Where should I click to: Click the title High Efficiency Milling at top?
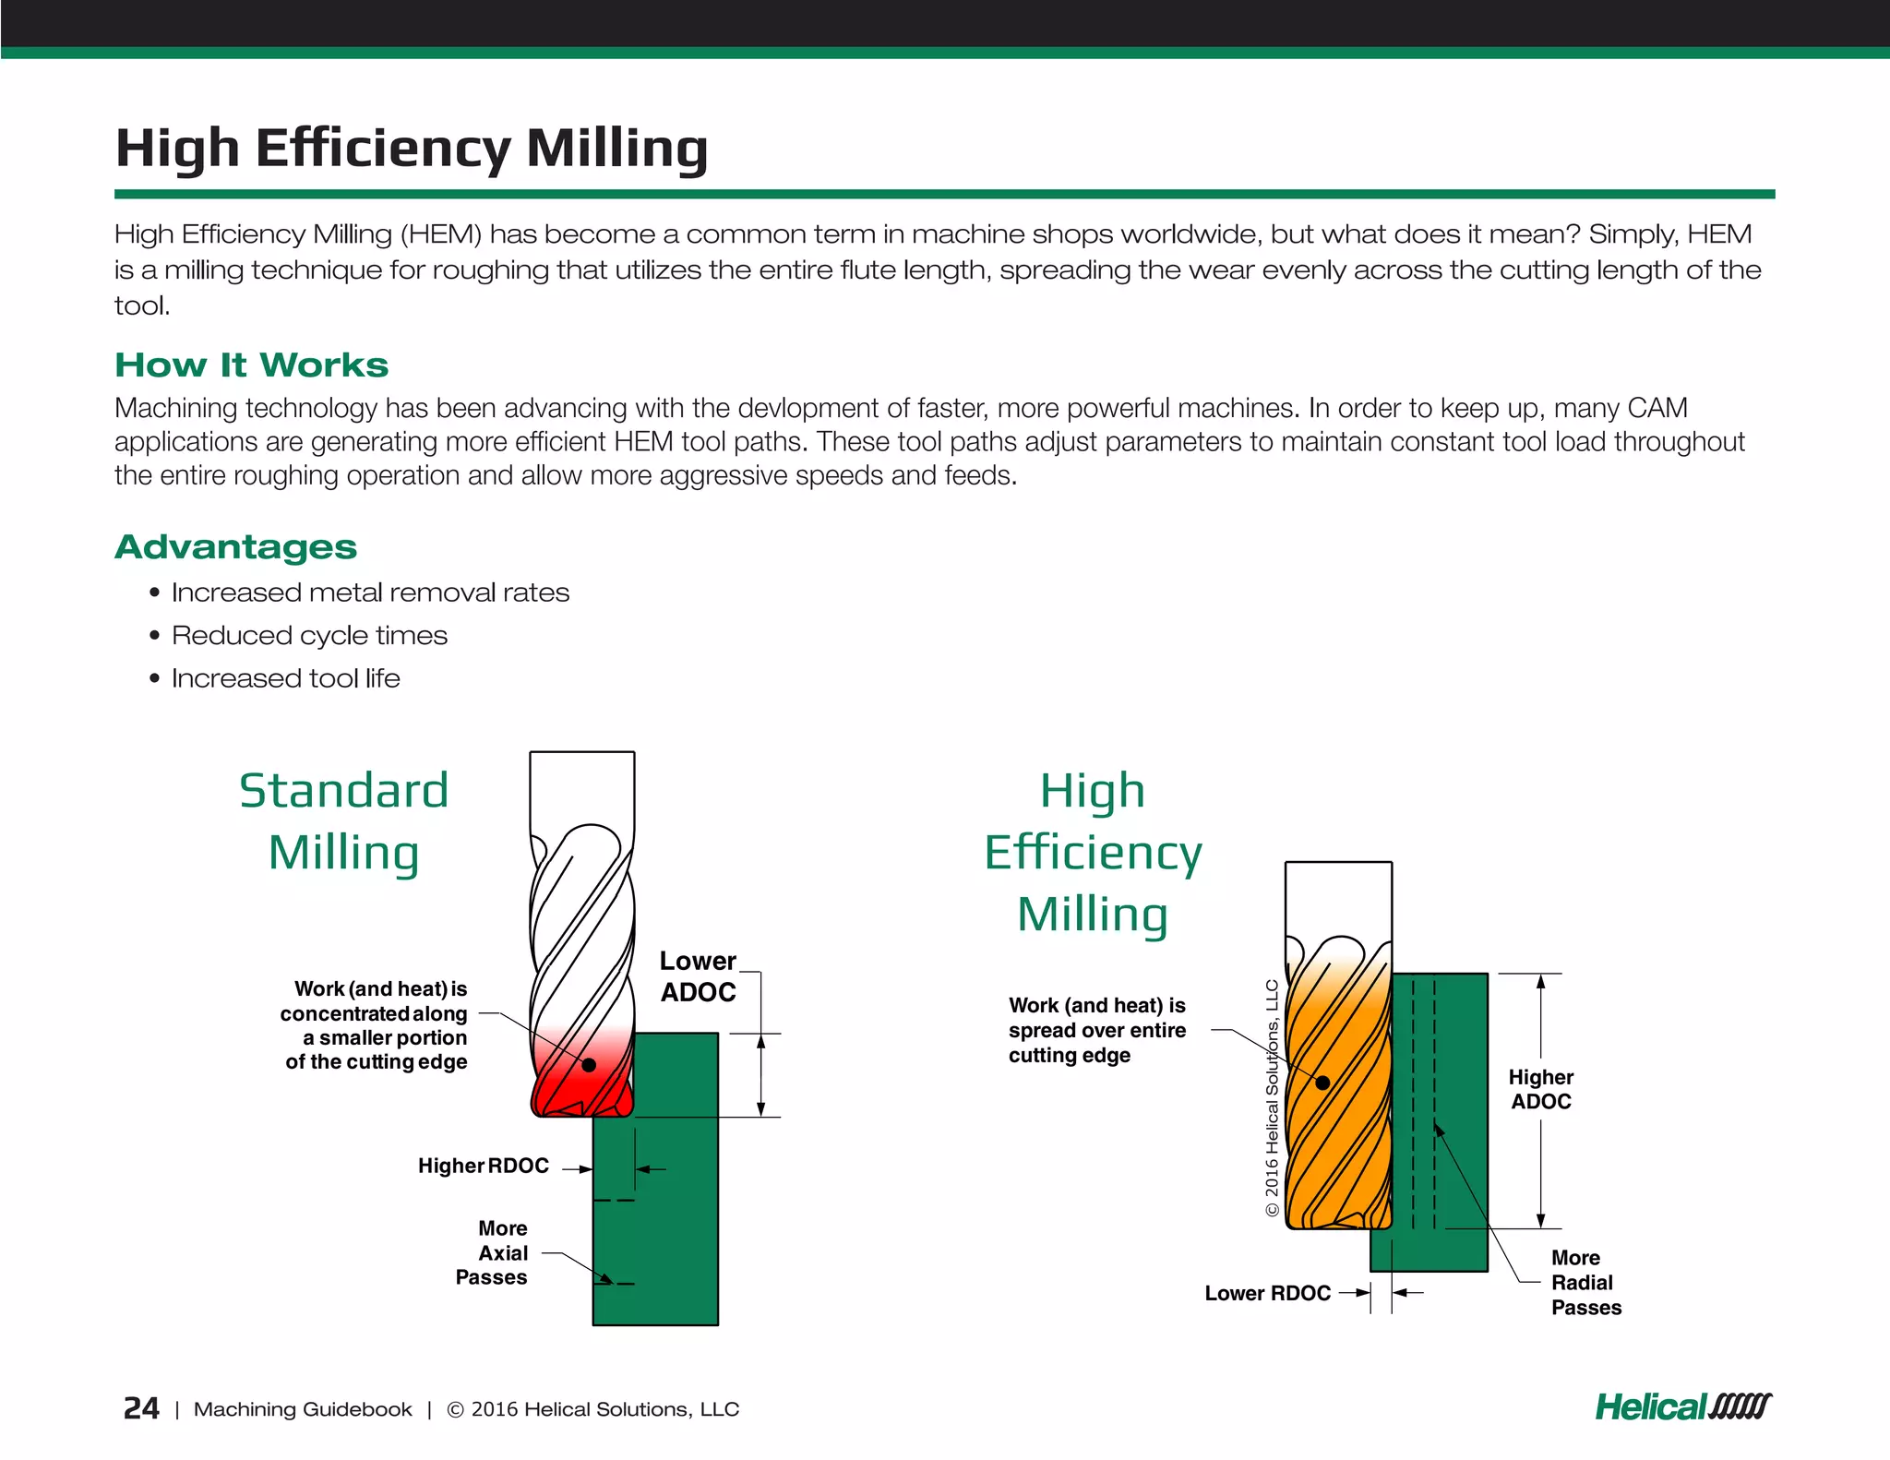click(x=411, y=148)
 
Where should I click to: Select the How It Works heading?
click(x=251, y=365)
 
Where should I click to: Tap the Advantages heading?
click(x=235, y=547)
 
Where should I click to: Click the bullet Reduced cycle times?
click(x=309, y=636)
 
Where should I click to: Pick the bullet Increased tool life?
click(x=285, y=678)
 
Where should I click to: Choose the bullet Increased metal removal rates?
click(x=370, y=592)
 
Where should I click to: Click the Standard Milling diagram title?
click(x=343, y=821)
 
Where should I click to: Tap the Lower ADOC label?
click(x=698, y=976)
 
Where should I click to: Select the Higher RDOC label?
click(x=483, y=1167)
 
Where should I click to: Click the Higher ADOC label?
click(x=1540, y=1090)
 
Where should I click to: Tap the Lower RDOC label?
click(x=1267, y=1294)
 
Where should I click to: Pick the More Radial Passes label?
click(x=1585, y=1283)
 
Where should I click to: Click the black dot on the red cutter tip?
click(x=589, y=1065)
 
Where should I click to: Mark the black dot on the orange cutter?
click(x=1322, y=1083)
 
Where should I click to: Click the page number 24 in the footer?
click(x=141, y=1408)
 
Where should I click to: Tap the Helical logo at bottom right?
click(x=1682, y=1407)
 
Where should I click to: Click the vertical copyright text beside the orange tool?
click(x=1272, y=1098)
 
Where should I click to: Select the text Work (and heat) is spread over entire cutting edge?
click(x=1096, y=1031)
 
